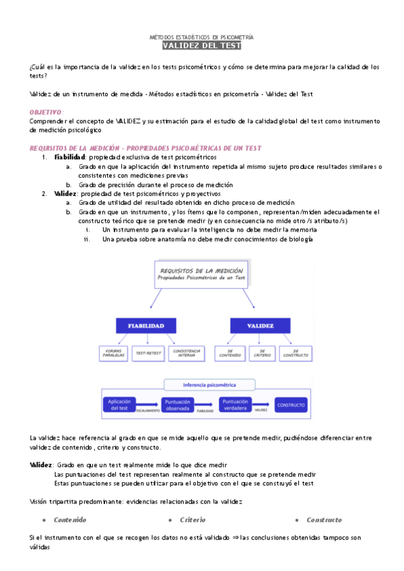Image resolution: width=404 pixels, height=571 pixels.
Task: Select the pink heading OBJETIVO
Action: point(46,111)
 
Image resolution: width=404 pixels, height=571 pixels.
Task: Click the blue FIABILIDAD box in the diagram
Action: point(147,325)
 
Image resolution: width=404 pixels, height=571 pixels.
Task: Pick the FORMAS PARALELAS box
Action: point(113,353)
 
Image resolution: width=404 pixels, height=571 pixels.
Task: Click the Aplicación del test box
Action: point(119,404)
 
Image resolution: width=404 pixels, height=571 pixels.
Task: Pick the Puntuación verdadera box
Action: point(236,404)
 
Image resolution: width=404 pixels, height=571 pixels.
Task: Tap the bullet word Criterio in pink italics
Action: point(193,520)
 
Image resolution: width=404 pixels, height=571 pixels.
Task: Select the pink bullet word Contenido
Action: point(70,520)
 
